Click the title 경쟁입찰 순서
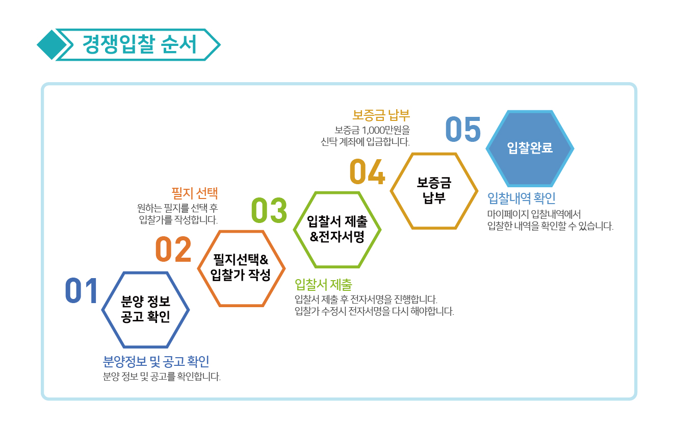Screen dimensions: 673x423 (139, 44)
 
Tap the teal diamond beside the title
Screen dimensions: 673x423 (51, 45)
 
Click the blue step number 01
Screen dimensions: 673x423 (81, 290)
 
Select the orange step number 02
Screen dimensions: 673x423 (173, 249)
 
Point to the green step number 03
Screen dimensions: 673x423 (269, 210)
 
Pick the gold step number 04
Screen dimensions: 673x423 (367, 171)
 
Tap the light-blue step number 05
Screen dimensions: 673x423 (463, 129)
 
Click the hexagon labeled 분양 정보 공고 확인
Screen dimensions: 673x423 (145, 272)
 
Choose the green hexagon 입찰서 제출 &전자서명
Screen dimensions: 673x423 (337, 192)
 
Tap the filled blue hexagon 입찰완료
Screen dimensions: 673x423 (530, 148)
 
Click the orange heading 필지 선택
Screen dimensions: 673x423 (194, 193)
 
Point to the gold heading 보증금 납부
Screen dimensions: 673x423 (381, 115)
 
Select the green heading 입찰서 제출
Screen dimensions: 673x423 (323, 284)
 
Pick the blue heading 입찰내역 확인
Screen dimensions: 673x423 (521, 198)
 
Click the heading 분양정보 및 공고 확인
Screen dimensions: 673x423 (156, 361)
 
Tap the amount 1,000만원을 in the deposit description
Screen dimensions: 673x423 (386, 130)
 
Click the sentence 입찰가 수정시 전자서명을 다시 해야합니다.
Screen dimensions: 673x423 (374, 311)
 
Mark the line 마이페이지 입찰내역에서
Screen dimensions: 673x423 (534, 214)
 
